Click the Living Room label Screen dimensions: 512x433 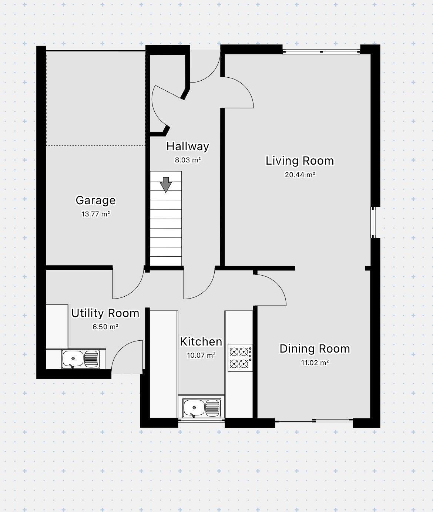click(x=300, y=161)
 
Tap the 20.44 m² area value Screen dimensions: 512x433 click(x=300, y=175)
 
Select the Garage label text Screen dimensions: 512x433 click(x=95, y=200)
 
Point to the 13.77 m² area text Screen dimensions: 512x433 click(x=95, y=214)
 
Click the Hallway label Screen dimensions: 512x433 click(x=188, y=146)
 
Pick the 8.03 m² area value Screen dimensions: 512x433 click(x=188, y=160)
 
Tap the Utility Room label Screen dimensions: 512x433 click(x=105, y=313)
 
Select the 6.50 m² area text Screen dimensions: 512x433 click(x=105, y=327)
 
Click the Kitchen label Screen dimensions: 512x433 click(x=201, y=342)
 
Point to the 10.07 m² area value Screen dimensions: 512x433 click(x=201, y=356)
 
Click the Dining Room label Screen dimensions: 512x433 click(x=315, y=349)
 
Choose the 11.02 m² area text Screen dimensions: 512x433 click(x=315, y=363)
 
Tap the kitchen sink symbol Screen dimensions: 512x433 click(x=202, y=408)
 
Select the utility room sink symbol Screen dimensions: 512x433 click(x=80, y=359)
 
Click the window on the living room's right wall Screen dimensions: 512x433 click(x=373, y=222)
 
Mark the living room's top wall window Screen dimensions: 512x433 click(x=321, y=52)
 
